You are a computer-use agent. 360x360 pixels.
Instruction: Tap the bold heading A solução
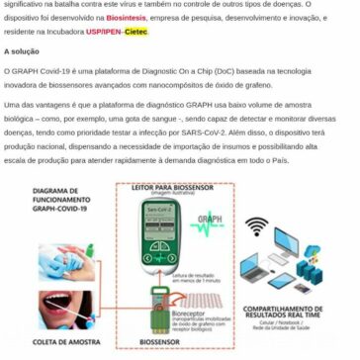pyautogui.click(x=23, y=50)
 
